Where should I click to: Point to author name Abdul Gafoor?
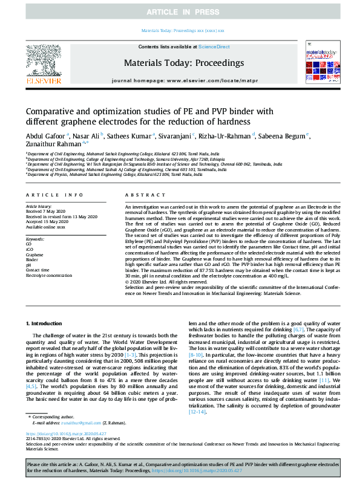click(x=45, y=136)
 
